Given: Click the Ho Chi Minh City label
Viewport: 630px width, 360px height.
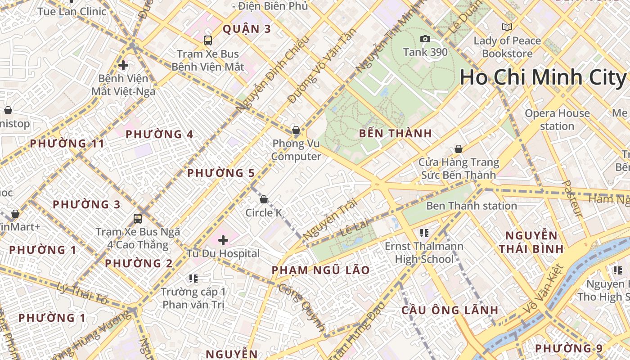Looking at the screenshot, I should click(543, 77).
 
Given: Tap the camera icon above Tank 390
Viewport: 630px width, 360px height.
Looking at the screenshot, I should click(425, 40).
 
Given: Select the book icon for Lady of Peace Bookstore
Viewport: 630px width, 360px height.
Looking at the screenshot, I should click(507, 27).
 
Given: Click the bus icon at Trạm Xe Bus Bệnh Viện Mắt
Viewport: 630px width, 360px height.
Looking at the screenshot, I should click(207, 40).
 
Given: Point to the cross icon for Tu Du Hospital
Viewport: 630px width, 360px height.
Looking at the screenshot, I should click(223, 240).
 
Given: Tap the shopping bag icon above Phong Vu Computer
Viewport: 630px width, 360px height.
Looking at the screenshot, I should click(296, 130).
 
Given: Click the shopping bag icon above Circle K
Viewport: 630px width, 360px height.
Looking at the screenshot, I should click(264, 199).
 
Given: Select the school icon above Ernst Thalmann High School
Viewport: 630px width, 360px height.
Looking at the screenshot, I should click(424, 233).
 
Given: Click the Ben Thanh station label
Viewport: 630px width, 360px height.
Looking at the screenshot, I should click(471, 206).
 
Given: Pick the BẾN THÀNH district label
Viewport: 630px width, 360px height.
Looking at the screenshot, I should click(395, 134).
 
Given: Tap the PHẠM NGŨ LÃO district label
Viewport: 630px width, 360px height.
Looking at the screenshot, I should click(320, 270).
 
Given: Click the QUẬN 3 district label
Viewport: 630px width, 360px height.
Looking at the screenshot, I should click(247, 29).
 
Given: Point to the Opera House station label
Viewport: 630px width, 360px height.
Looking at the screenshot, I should click(557, 120).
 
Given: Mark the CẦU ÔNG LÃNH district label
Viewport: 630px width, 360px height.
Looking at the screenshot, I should click(450, 310).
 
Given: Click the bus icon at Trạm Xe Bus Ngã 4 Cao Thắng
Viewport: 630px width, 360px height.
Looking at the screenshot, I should click(138, 219).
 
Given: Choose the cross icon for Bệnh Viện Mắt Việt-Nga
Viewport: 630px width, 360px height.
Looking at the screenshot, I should click(123, 65).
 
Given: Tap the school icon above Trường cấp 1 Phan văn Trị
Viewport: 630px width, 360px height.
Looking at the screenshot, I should click(193, 279).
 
